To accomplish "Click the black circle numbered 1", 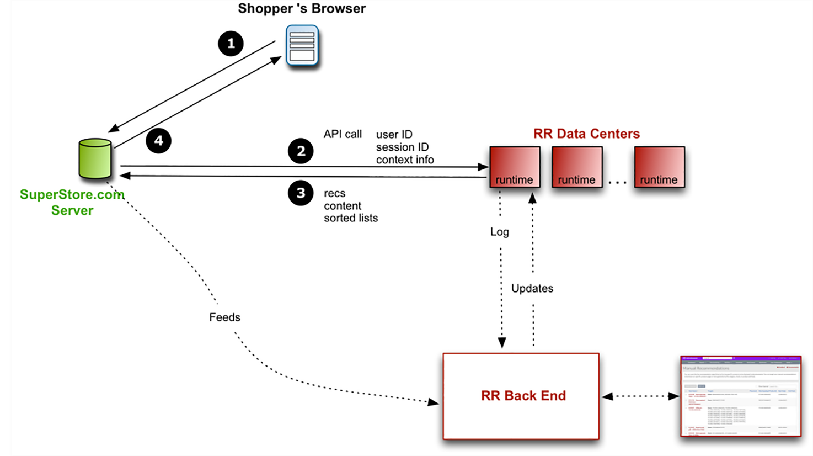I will [x=231, y=44].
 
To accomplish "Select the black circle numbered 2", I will [x=301, y=151].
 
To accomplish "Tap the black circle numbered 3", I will [x=301, y=193].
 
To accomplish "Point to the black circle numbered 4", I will [x=158, y=141].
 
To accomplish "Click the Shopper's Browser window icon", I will [x=302, y=46].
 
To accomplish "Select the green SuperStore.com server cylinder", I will [x=95, y=159].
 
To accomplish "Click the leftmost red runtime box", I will [x=515, y=167].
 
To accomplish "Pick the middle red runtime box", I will [x=577, y=167].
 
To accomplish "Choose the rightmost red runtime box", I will [x=659, y=167].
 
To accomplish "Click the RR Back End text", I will [x=523, y=396].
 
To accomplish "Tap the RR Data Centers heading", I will [x=586, y=134].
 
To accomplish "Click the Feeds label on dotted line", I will [x=224, y=317].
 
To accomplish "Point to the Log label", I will [x=500, y=232].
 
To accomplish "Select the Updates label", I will [x=532, y=288].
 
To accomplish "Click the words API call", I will [x=343, y=134].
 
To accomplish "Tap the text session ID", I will [x=402, y=147].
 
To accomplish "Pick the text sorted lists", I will [x=351, y=218].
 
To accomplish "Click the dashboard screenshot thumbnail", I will [x=741, y=396].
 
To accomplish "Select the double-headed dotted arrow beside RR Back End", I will [x=640, y=396].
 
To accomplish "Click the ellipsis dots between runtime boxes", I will [x=618, y=182].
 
